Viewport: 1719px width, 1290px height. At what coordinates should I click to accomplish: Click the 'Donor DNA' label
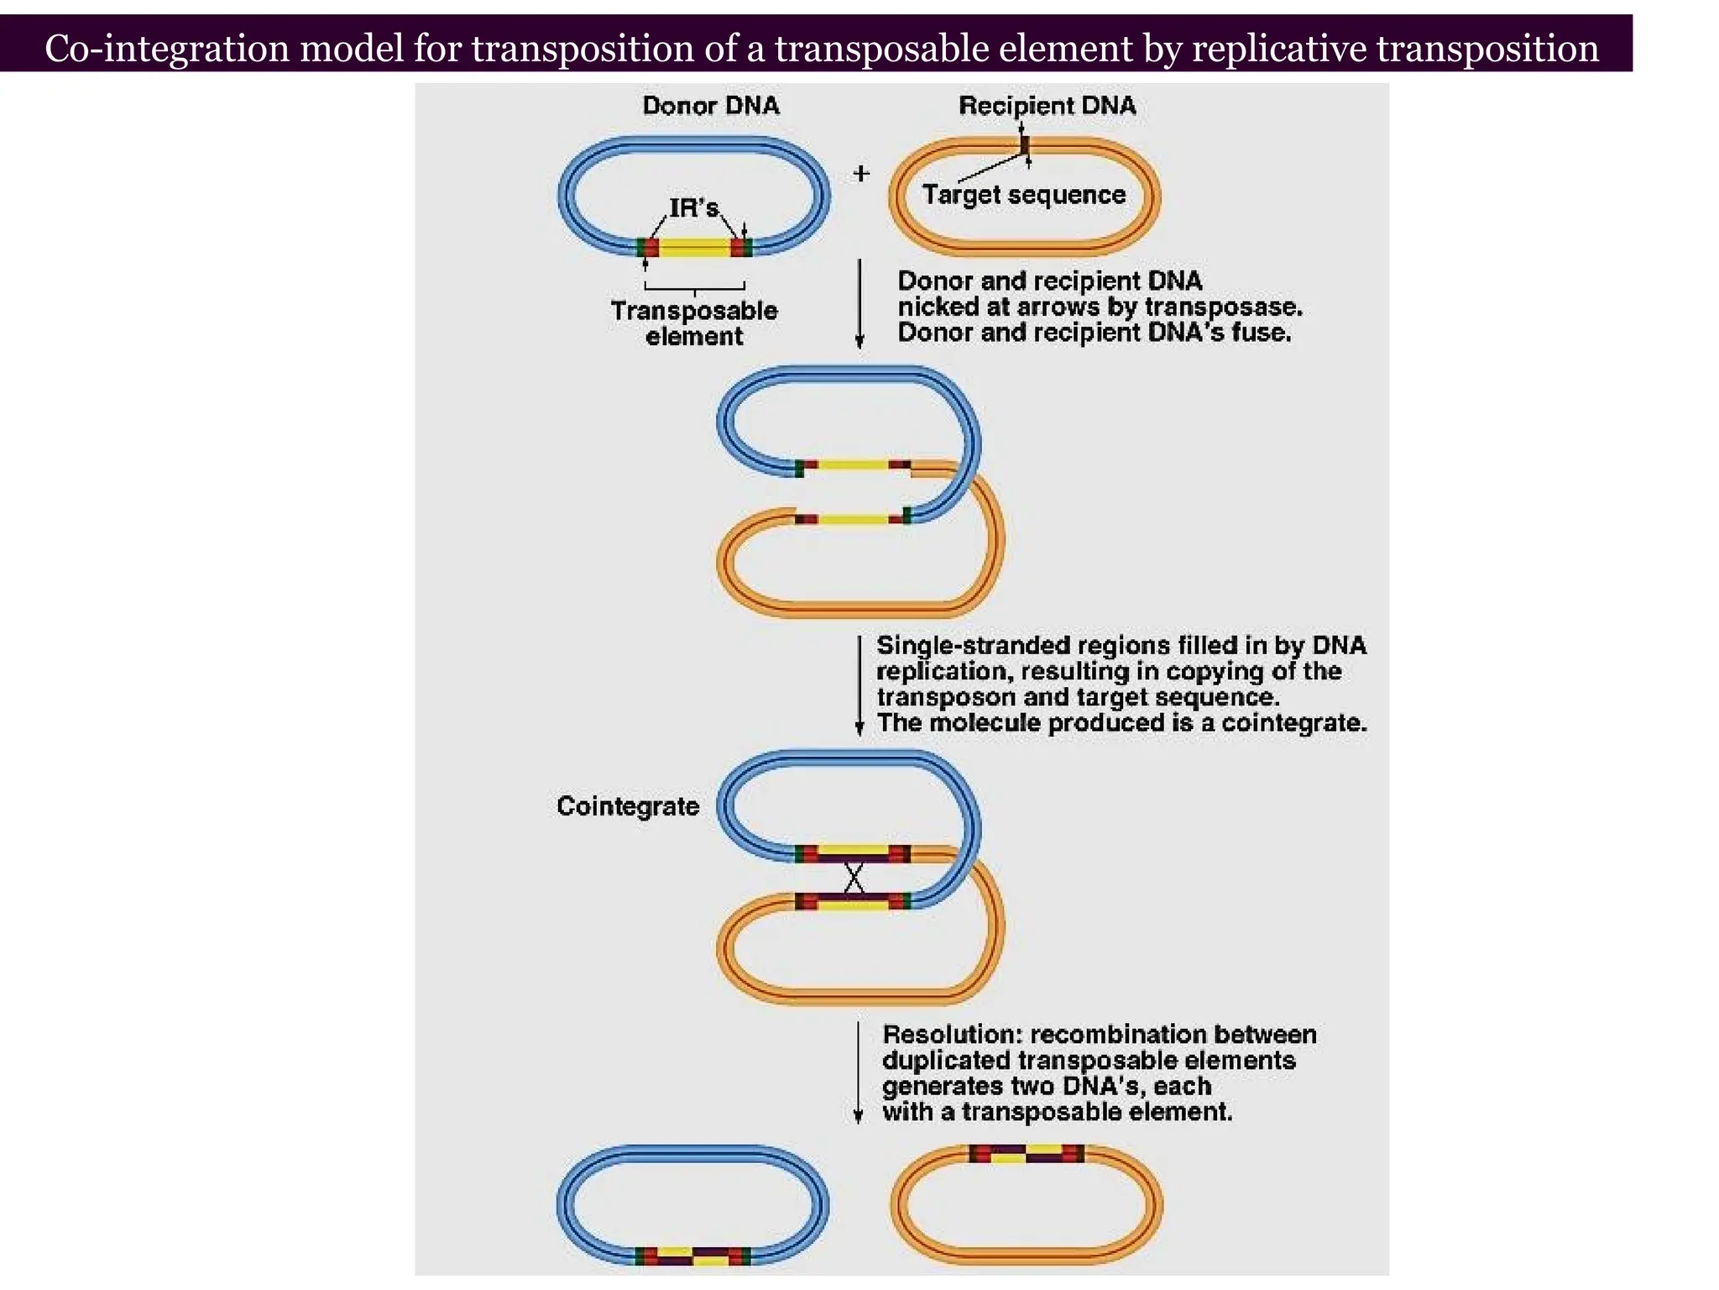coord(710,106)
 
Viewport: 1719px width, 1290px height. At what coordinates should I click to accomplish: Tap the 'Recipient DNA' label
coord(1047,106)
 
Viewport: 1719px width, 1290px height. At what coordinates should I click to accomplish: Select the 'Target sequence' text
coord(1023,195)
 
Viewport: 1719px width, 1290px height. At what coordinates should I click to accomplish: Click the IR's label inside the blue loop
coord(693,207)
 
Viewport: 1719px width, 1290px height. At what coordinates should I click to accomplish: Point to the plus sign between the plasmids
coord(861,174)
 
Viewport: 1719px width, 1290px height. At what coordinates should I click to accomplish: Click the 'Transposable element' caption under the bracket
coord(693,323)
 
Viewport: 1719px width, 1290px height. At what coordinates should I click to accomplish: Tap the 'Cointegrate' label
coord(627,806)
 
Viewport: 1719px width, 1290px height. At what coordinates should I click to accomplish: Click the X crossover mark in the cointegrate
coord(854,878)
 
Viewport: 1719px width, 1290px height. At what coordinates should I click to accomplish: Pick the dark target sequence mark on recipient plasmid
coord(1025,146)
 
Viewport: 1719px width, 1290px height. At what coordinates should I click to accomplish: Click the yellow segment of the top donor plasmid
coord(695,248)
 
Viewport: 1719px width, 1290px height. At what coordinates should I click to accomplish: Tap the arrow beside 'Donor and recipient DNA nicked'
coord(859,302)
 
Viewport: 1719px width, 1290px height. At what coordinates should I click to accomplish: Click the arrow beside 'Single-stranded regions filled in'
coord(859,684)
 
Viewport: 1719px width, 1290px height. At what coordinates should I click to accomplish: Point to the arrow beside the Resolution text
coord(858,1072)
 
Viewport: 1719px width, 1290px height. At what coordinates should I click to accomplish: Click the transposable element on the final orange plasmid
coord(1027,1154)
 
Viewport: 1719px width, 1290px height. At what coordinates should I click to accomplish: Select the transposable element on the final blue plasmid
coord(693,1256)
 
